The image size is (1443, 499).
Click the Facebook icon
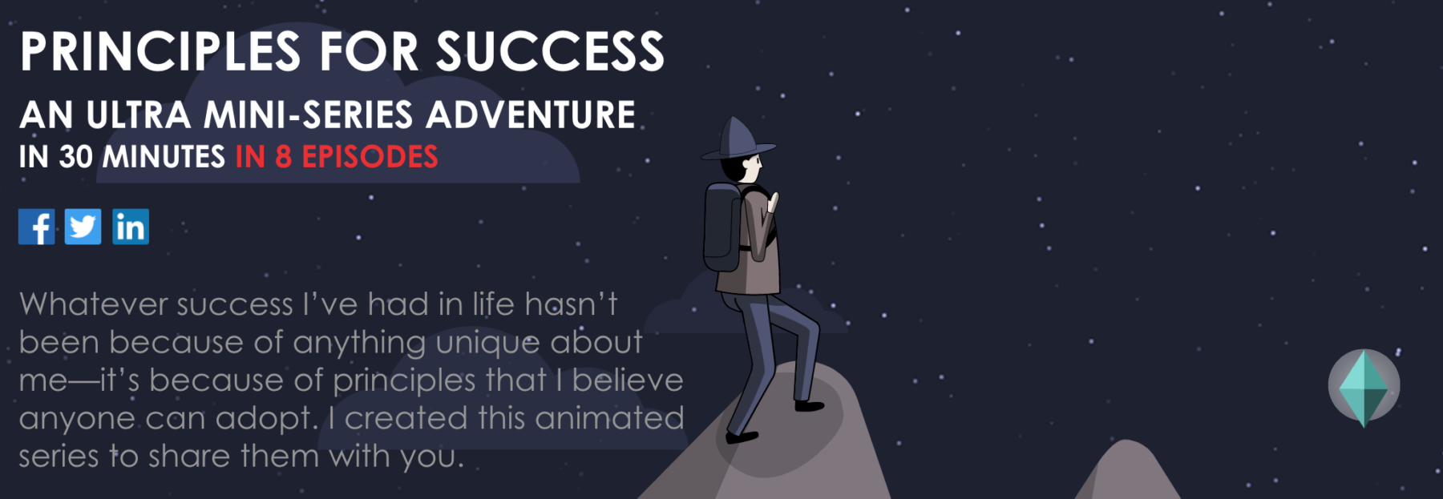pyautogui.click(x=37, y=227)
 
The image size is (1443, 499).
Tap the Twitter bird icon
pyautogui.click(x=83, y=227)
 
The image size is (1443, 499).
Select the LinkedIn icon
pyautogui.click(x=131, y=227)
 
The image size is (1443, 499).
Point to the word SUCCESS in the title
pyautogui.click(x=550, y=52)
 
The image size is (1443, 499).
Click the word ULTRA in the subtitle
pyautogui.click(x=138, y=115)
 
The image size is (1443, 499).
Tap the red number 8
pyautogui.click(x=283, y=157)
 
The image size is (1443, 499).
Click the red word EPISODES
pyautogui.click(x=370, y=157)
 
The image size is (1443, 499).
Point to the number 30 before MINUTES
pyautogui.click(x=75, y=157)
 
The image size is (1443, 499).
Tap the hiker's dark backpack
pyautogui.click(x=723, y=227)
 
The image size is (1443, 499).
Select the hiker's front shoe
pyautogui.click(x=809, y=405)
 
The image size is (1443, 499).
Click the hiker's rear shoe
pyautogui.click(x=741, y=437)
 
